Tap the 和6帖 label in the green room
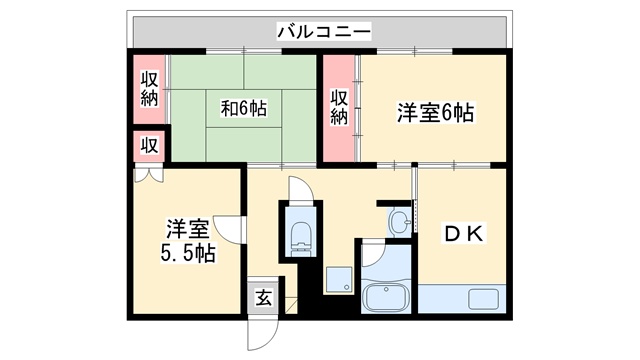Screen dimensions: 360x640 click(x=243, y=108)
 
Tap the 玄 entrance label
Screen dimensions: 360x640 click(x=262, y=298)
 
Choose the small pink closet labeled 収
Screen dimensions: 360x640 click(x=149, y=145)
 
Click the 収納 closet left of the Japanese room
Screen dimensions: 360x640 click(x=150, y=89)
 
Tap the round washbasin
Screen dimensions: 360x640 click(x=400, y=220)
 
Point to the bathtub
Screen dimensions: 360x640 click(x=385, y=297)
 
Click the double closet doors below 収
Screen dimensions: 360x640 click(x=147, y=173)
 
